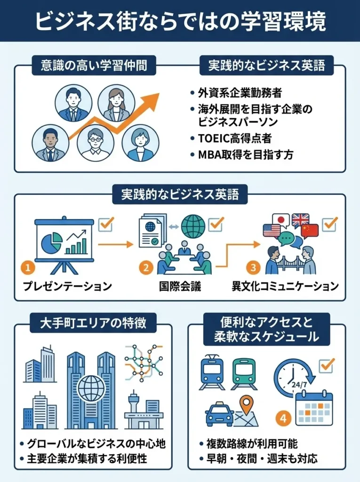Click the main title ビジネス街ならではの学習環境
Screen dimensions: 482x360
tap(180, 22)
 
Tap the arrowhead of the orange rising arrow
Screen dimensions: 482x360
tap(152, 98)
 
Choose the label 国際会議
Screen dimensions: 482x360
tap(181, 286)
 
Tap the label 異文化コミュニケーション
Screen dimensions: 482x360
tap(285, 286)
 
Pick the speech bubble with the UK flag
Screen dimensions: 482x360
tap(300, 220)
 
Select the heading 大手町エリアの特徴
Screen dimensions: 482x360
tap(93, 324)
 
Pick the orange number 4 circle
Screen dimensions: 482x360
tap(282, 418)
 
